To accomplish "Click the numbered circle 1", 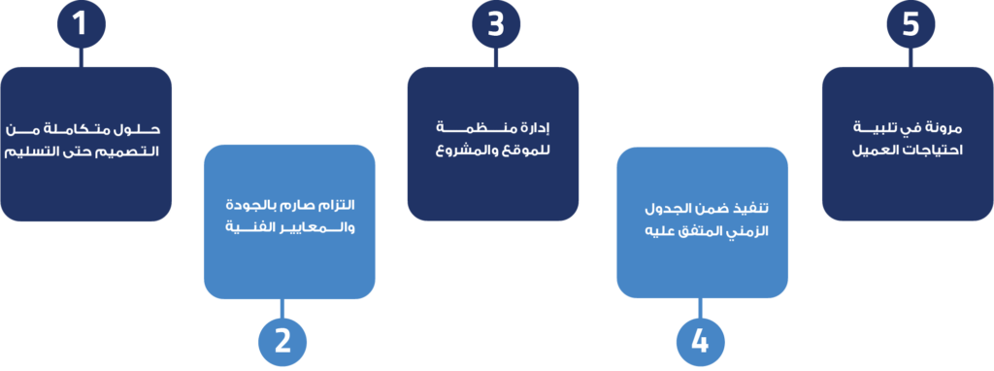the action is [81, 24].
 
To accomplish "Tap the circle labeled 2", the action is [282, 341].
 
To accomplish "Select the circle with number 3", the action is [496, 24].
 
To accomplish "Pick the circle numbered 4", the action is [699, 341].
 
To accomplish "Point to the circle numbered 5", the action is [910, 24].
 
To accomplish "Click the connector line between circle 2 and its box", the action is [282, 307].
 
